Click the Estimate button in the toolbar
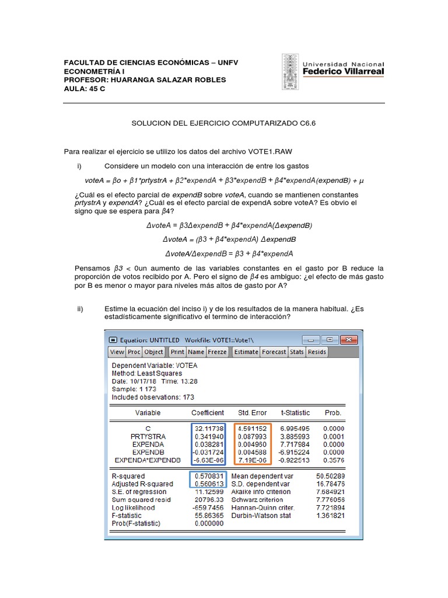(x=246, y=352)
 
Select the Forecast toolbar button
(x=274, y=352)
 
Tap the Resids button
(x=317, y=352)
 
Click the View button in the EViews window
(x=117, y=352)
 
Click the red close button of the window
(x=349, y=339)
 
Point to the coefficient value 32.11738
(x=209, y=428)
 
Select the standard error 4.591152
(x=253, y=428)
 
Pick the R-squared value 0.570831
(x=209, y=476)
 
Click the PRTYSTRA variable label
(x=148, y=436)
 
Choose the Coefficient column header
(x=208, y=413)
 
